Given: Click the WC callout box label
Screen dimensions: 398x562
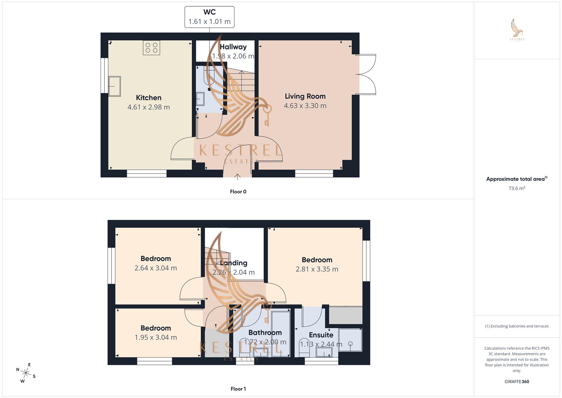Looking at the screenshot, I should point(209,12).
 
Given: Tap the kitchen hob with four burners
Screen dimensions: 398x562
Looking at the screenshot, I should point(151,48).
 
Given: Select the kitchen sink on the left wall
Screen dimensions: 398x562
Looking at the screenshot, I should point(114,86).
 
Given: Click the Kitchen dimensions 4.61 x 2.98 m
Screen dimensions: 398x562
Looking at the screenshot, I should point(149,107).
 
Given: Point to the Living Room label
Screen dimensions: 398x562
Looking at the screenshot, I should point(305,96).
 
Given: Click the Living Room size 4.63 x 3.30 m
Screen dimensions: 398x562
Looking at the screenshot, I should point(305,106).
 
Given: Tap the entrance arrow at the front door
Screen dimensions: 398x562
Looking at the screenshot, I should point(237,177).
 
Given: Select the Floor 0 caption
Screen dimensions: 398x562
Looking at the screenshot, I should point(238,192).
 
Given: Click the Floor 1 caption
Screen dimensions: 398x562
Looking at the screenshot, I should point(238,389).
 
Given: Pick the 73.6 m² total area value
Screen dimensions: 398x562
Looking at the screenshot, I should point(517,188).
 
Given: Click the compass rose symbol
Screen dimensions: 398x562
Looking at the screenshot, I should point(25,373).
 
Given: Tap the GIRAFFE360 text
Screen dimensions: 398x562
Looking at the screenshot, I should point(517,382).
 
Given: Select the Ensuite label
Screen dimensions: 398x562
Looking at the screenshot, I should point(321,335).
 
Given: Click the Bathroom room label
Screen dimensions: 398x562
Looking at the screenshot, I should point(265,333).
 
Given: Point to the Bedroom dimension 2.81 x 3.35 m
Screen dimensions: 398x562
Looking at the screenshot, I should point(317,269).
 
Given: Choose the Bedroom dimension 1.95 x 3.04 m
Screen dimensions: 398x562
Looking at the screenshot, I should point(156,338).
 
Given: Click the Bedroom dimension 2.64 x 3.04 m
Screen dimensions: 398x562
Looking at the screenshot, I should point(156,268).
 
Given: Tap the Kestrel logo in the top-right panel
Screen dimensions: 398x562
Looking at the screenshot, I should point(517,30).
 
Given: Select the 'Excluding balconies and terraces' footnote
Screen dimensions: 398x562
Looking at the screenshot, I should point(517,326).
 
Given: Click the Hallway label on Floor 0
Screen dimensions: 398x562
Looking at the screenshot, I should point(233,47).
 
